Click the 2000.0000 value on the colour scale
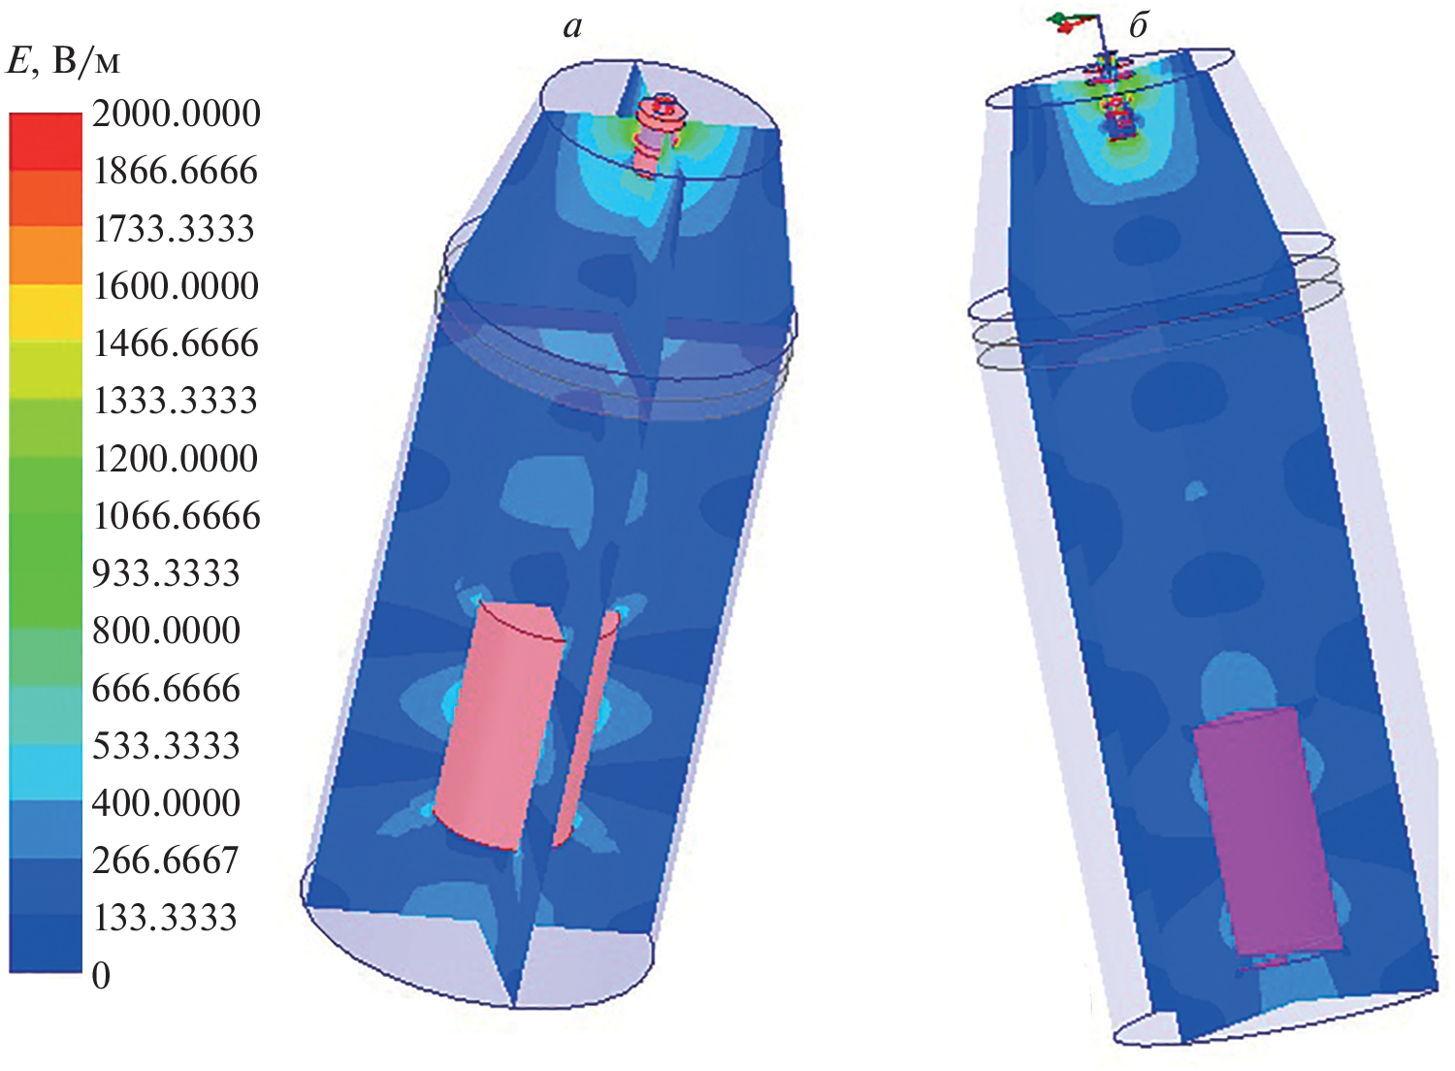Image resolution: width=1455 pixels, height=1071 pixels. tap(176, 114)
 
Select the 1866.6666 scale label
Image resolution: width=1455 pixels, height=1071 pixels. tap(176, 172)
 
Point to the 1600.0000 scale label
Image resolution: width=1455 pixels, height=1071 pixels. tap(176, 286)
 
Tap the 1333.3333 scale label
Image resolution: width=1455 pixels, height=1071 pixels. tap(176, 401)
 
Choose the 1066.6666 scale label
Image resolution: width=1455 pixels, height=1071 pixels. tap(177, 516)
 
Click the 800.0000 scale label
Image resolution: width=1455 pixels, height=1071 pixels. tap(166, 631)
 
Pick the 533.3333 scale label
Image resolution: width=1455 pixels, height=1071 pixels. tap(166, 746)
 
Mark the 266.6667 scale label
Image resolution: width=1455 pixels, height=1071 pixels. tap(166, 861)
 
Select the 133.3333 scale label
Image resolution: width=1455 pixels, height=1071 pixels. tap(165, 918)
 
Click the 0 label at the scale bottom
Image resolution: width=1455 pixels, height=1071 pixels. tap(101, 976)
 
